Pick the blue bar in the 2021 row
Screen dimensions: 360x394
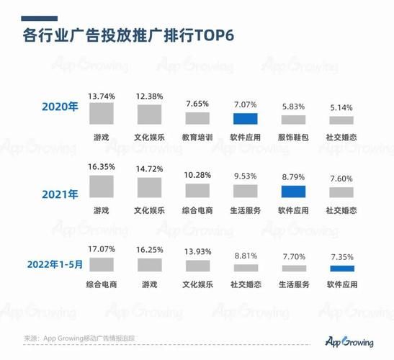click(293, 192)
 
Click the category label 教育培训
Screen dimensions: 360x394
click(197, 136)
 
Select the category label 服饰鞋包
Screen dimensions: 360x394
click(293, 136)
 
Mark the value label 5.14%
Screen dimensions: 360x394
click(341, 108)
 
